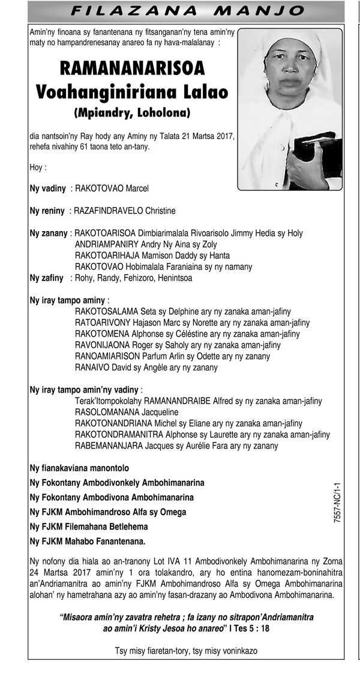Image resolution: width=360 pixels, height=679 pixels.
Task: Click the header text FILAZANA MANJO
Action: [x=187, y=10]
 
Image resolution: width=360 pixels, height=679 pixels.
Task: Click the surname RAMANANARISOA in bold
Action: [x=132, y=68]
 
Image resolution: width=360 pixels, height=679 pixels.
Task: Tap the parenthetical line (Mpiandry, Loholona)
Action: [x=132, y=112]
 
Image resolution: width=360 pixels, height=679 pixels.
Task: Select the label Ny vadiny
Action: [x=48, y=189]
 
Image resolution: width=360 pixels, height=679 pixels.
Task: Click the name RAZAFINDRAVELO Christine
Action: [x=124, y=211]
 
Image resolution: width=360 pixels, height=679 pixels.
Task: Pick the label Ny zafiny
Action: [x=47, y=278]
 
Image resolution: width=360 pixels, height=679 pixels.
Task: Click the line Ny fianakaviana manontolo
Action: [x=80, y=468]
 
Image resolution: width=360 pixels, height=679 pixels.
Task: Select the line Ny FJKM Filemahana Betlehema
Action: [x=89, y=527]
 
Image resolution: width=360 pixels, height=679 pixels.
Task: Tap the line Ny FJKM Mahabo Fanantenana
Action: [x=88, y=542]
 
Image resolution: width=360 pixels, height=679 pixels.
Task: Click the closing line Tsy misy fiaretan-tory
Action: [x=187, y=651]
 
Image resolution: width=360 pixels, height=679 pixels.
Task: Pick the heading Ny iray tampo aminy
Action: [x=68, y=300]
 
